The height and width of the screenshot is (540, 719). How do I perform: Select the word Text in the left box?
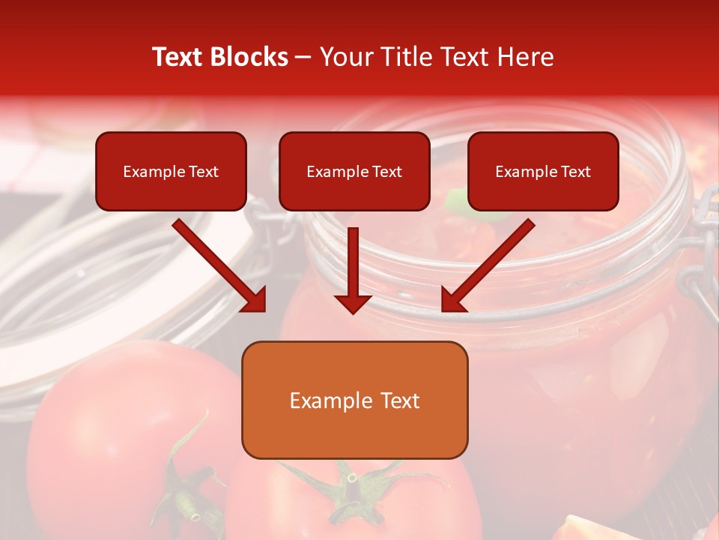(204, 172)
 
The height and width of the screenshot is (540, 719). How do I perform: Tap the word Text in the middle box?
(387, 172)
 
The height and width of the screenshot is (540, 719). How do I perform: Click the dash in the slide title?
(303, 57)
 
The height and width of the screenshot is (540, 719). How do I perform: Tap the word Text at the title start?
(180, 57)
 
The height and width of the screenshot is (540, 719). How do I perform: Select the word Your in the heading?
(345, 57)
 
